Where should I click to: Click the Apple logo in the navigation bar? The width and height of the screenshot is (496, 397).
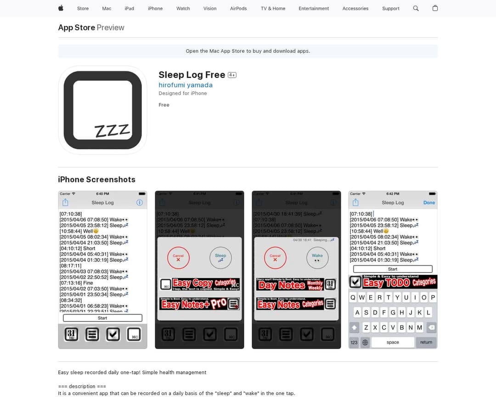tap(61, 8)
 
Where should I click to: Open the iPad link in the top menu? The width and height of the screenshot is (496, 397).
tap(130, 8)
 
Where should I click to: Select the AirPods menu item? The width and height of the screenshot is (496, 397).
tap(238, 8)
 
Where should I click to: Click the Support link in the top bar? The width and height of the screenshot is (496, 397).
tap(391, 8)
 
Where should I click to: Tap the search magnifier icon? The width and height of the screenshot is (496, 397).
tap(416, 8)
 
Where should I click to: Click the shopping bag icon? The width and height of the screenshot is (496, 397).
tap(435, 8)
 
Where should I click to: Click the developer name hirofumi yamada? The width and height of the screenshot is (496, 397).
tap(186, 85)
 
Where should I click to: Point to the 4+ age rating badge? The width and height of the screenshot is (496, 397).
tap(232, 75)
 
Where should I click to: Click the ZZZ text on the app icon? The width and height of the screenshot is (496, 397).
tap(112, 130)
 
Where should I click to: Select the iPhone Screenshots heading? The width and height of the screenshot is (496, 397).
tap(96, 179)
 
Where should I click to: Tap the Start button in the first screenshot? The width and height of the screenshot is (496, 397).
tap(102, 318)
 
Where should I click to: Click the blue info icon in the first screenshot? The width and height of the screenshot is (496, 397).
tap(140, 203)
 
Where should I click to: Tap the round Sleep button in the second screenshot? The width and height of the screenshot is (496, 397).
tap(220, 258)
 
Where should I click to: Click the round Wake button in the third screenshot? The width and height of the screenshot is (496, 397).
tap(317, 258)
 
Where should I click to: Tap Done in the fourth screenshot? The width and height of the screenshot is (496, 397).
tap(429, 203)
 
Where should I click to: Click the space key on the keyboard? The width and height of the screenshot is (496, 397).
tap(393, 342)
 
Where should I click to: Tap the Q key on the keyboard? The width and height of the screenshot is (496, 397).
tap(353, 297)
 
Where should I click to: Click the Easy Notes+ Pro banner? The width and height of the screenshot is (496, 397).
tap(200, 304)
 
